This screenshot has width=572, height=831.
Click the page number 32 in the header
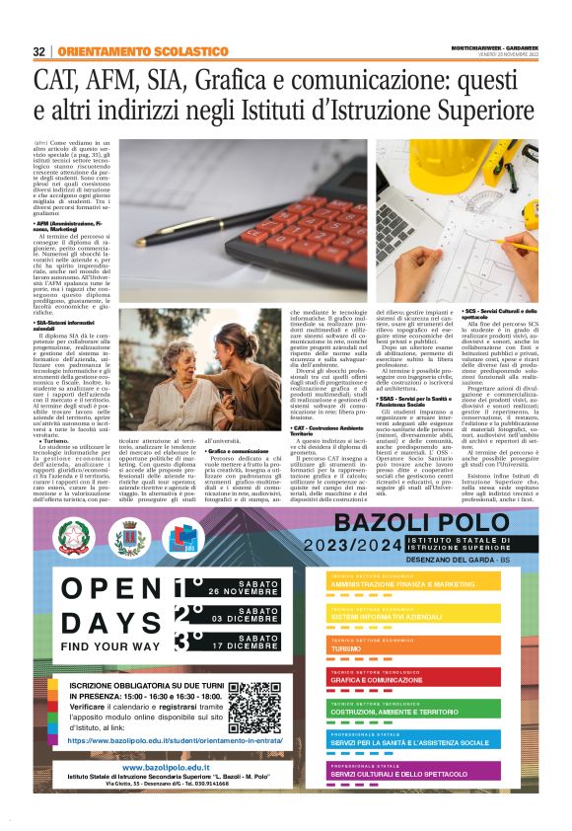(38, 50)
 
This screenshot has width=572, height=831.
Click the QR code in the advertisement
(259, 703)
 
